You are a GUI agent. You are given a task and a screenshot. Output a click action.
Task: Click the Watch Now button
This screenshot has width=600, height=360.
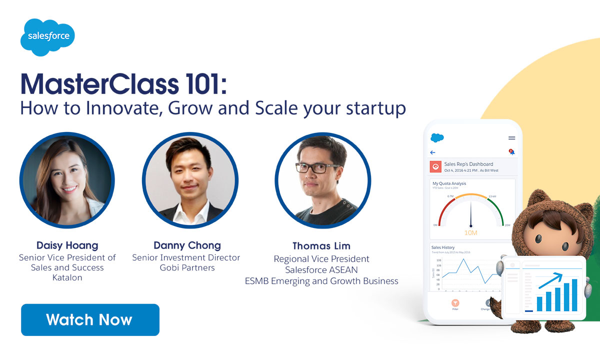point(90,319)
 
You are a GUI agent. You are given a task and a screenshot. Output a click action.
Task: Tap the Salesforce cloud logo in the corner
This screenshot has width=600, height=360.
point(48,36)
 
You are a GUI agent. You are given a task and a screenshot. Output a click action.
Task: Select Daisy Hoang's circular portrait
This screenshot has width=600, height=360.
point(67,180)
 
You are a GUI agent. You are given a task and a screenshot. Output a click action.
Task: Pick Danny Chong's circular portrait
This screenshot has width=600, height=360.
point(189,180)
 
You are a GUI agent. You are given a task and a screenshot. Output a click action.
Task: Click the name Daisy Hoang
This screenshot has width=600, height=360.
point(67,245)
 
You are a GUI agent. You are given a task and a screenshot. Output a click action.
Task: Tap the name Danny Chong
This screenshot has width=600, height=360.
point(187,245)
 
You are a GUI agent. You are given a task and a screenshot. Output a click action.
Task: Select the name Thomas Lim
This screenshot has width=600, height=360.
point(321,246)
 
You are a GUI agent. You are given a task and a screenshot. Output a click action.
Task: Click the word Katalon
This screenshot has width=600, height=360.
point(67,277)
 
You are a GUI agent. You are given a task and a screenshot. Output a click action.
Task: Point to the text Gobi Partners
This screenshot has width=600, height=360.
point(186,267)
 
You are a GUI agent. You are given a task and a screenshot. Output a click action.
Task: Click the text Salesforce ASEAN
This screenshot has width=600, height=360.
point(321,270)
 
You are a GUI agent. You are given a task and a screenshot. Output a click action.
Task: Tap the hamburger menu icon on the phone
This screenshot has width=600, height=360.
point(511,138)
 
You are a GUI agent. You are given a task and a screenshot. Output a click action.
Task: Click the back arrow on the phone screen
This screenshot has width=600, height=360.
point(432,152)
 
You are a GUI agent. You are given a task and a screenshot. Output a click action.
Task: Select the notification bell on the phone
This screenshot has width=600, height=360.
point(511,152)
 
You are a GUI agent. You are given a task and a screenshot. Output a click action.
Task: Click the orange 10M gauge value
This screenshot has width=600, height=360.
point(470,233)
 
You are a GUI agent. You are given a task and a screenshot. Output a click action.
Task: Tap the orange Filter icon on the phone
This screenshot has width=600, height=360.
point(455,303)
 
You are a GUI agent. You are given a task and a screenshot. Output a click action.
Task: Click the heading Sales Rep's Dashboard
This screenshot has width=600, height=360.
point(468,164)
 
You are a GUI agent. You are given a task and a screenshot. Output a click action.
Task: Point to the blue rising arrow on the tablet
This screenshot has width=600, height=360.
point(550,280)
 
